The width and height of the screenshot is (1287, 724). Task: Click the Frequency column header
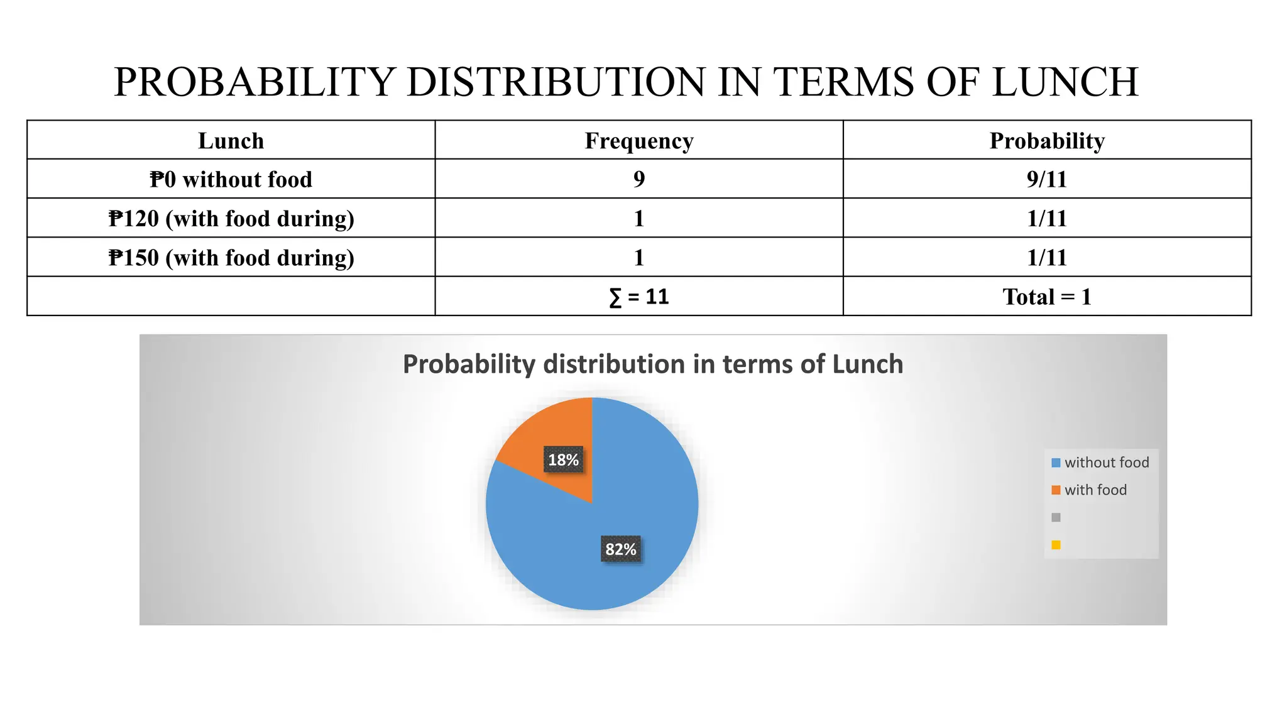(639, 141)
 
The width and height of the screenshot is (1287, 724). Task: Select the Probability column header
(1047, 141)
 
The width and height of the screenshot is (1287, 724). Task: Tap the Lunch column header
(231, 141)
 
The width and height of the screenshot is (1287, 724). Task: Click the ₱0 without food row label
(231, 180)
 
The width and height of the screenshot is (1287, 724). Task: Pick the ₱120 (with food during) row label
(231, 219)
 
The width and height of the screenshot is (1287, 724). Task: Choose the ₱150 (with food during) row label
(231, 258)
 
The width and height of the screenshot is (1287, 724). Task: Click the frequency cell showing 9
(639, 180)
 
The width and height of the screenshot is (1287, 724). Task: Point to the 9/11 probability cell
(1047, 180)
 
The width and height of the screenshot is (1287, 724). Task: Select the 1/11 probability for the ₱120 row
(1047, 219)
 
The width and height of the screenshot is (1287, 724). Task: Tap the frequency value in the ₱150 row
(639, 258)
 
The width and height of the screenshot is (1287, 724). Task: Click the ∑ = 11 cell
(639, 297)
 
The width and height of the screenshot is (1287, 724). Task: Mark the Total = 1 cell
(1047, 297)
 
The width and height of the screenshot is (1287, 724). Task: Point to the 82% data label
(621, 549)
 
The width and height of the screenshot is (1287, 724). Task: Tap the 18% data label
(563, 460)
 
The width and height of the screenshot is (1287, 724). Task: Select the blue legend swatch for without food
(1056, 463)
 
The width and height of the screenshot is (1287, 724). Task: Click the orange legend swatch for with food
(1056, 490)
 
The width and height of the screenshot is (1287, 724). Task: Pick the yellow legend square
(1056, 545)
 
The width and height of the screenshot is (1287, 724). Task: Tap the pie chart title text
(653, 365)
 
